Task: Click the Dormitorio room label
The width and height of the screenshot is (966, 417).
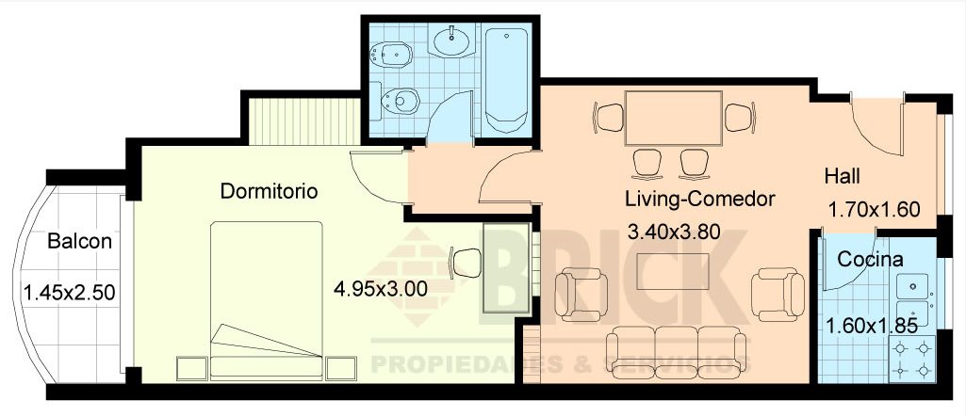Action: pos(269,191)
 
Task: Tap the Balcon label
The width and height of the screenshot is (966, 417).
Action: pos(80,242)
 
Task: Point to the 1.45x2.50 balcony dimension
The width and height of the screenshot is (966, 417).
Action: pos(69,293)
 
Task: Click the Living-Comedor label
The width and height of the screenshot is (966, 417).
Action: pos(699,200)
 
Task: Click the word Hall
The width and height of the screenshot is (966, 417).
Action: pos(843,176)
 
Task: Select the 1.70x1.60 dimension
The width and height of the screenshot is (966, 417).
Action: pos(874,210)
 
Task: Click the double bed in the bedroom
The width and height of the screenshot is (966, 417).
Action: pos(267,299)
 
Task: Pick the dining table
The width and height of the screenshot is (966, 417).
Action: pos(673,118)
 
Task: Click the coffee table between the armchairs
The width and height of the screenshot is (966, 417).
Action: pos(671,273)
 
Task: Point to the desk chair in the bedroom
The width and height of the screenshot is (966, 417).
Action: pos(467,263)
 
